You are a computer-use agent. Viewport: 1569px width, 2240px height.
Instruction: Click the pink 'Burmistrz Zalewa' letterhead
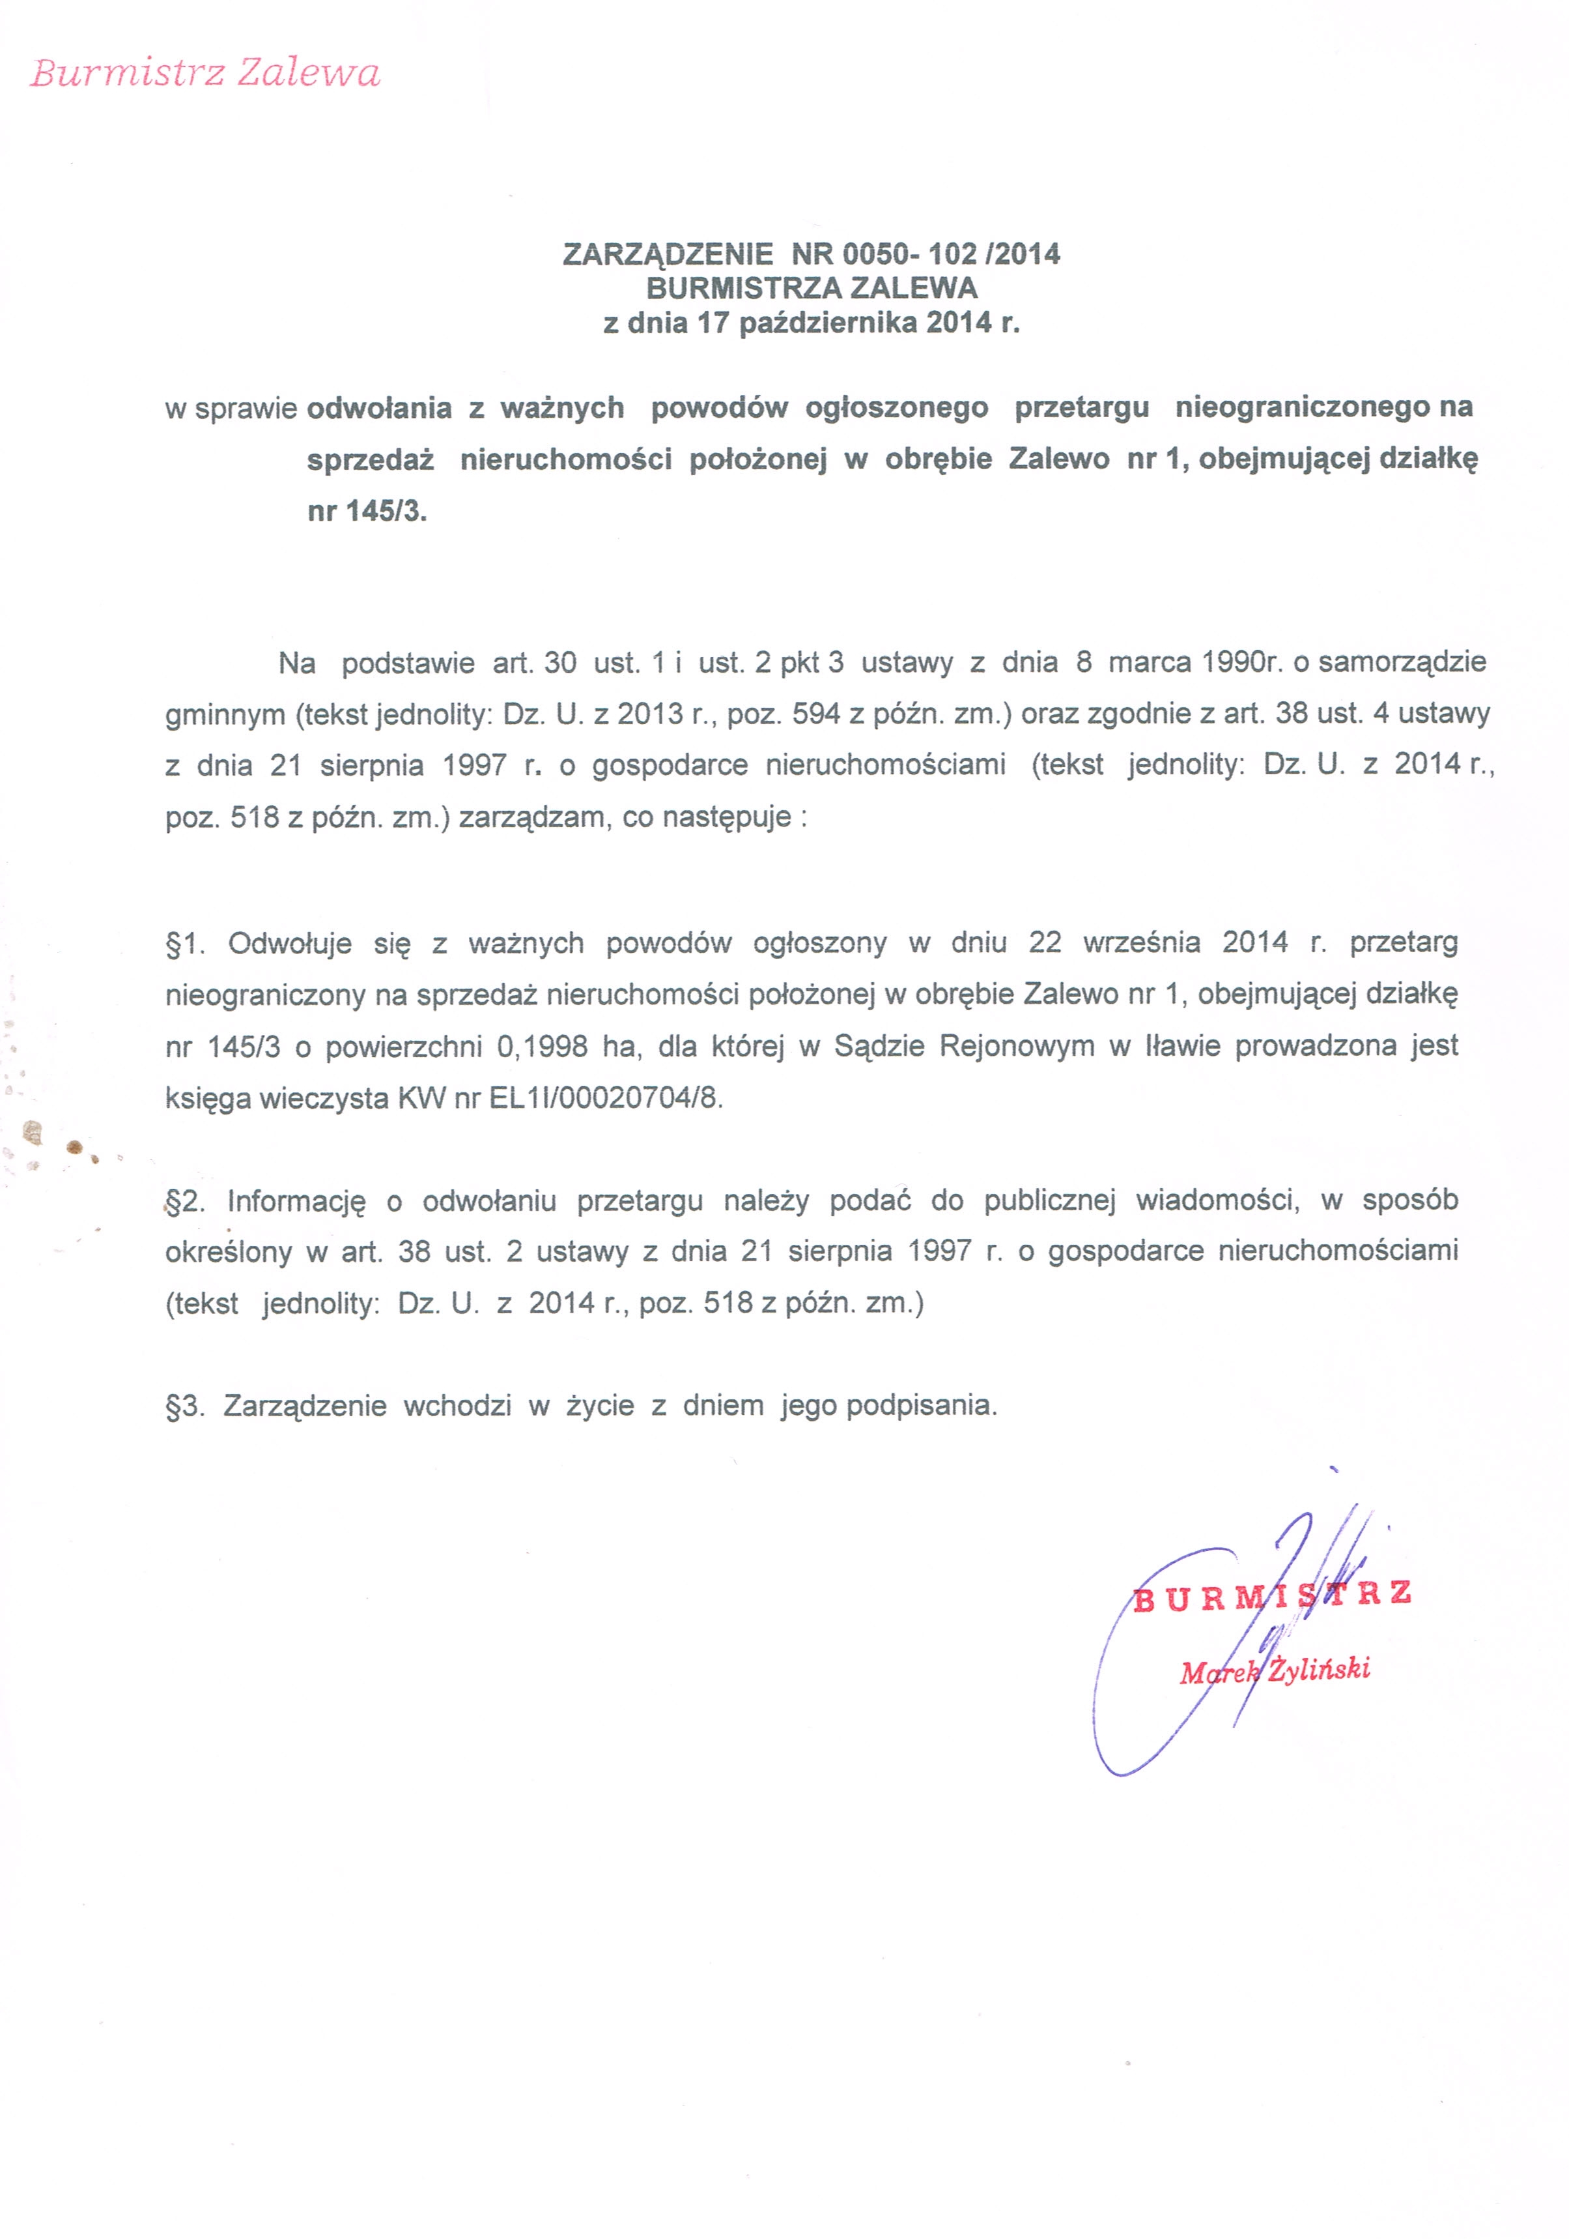pos(205,73)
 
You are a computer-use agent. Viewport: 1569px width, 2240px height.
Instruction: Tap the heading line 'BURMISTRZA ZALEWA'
pos(812,289)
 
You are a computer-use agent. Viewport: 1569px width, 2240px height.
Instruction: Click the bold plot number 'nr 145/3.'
pos(367,511)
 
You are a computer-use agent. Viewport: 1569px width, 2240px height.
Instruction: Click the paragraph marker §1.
pos(185,944)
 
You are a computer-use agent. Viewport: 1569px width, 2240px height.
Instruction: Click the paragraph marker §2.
pos(185,1201)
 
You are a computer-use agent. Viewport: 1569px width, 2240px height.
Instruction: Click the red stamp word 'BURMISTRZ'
pos(1271,1596)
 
